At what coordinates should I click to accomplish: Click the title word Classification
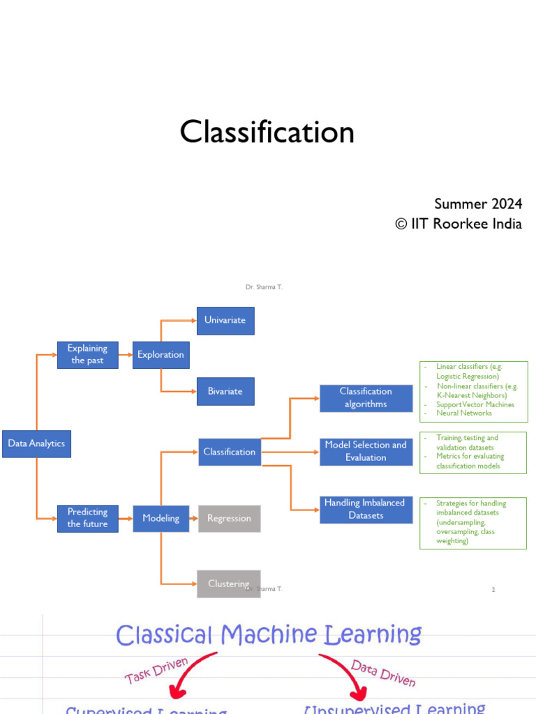(267, 132)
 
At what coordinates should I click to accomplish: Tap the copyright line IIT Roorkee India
(459, 224)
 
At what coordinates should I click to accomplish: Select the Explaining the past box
(87, 354)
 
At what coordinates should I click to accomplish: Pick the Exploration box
(161, 354)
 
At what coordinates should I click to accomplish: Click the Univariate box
(225, 320)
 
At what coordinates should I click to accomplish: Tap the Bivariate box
(225, 391)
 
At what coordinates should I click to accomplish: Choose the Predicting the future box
(87, 518)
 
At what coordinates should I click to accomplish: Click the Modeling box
(161, 518)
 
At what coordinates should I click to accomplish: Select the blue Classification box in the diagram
(230, 452)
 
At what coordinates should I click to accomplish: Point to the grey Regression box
(229, 518)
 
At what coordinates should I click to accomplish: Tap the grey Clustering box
(229, 584)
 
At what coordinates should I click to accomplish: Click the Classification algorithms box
(366, 397)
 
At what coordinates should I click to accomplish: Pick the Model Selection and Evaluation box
(366, 451)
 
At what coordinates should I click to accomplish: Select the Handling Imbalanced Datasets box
(364, 509)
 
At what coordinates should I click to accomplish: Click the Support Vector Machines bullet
(475, 404)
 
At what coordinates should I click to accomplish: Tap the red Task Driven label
(156, 671)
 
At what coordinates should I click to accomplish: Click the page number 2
(493, 590)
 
